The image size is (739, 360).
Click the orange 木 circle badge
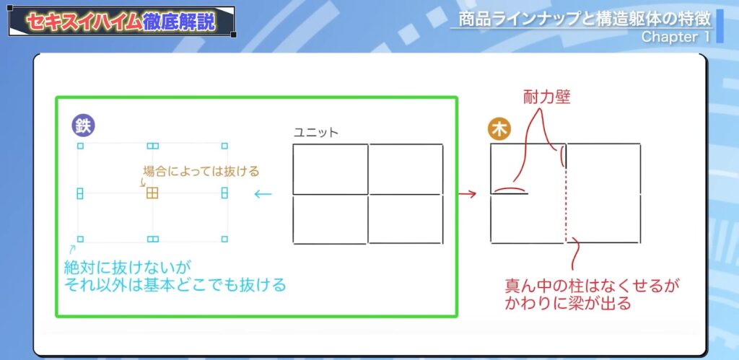(499, 130)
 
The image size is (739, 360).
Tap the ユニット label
(316, 133)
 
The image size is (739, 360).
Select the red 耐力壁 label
(546, 97)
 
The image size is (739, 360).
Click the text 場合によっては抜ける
(201, 172)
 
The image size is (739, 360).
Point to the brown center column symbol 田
(152, 193)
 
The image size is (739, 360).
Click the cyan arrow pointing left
(263, 193)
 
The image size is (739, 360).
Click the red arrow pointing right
(468, 193)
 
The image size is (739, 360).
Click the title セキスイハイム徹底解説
(121, 22)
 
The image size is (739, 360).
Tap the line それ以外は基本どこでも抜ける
(175, 285)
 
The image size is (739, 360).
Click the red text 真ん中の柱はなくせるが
(592, 286)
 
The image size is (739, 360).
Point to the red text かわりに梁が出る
(568, 303)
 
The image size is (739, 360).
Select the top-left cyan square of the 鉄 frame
(80, 146)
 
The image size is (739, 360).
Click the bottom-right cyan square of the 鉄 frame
(224, 239)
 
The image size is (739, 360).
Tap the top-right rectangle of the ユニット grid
(406, 169)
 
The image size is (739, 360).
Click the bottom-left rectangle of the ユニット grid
(330, 219)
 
